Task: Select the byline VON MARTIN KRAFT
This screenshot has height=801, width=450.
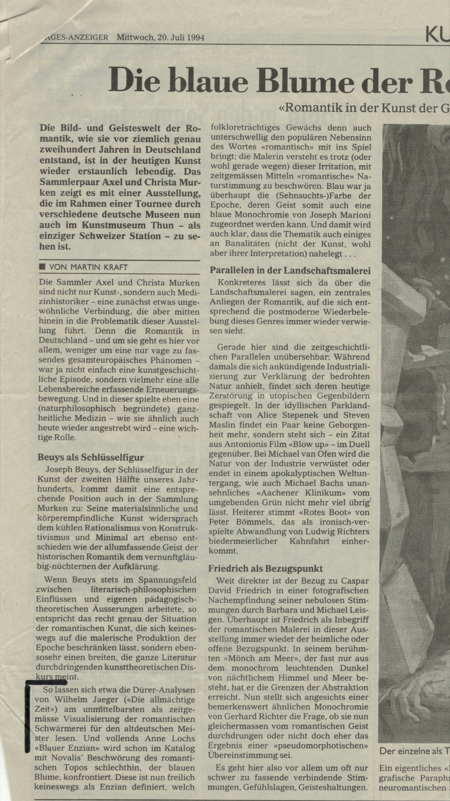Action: pos(89,267)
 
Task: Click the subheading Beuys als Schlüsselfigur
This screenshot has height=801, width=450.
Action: pos(91,457)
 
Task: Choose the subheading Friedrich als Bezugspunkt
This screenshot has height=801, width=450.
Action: pos(265,568)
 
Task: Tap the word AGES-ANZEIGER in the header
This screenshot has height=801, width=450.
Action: pos(77,38)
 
